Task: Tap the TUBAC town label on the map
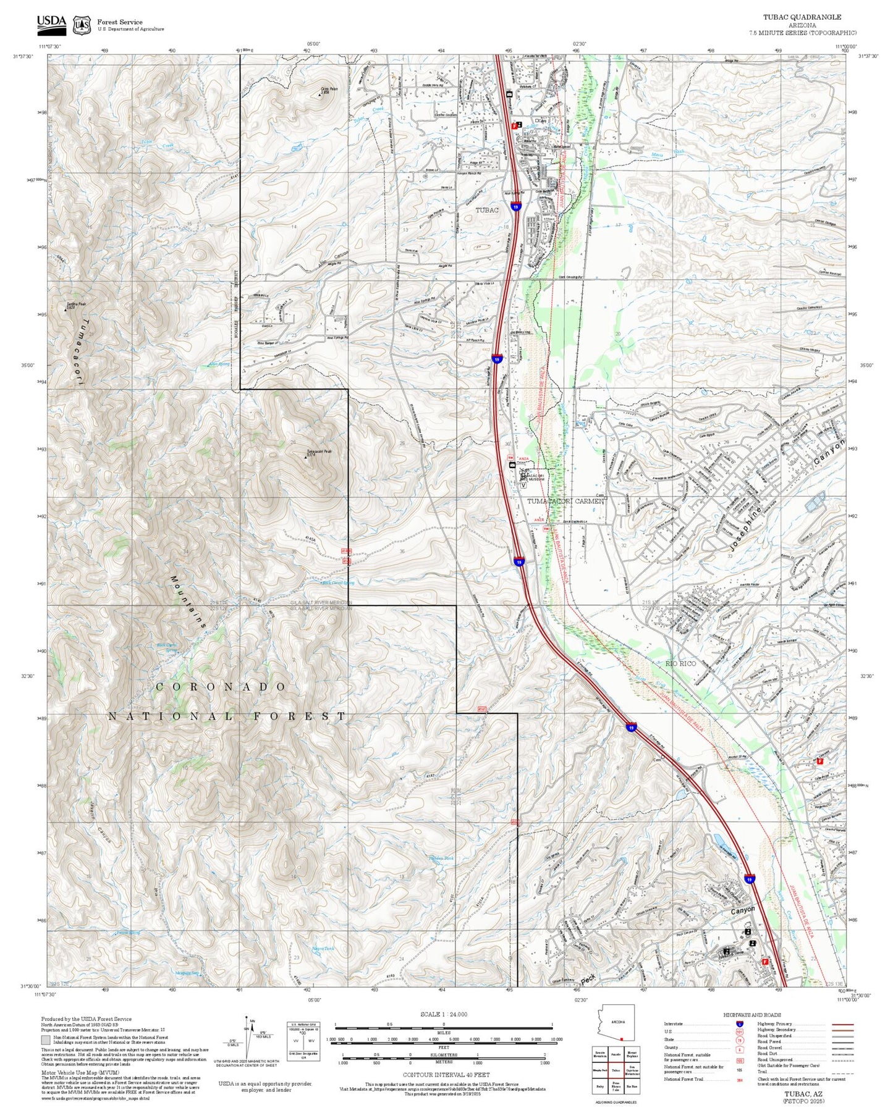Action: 486,210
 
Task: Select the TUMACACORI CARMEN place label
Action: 565,501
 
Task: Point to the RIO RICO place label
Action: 680,663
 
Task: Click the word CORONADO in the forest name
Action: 221,687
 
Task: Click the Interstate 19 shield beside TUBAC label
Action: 515,208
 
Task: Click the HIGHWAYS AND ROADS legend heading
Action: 752,1015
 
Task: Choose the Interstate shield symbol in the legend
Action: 739,1024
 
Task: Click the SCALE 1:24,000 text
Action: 443,1014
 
